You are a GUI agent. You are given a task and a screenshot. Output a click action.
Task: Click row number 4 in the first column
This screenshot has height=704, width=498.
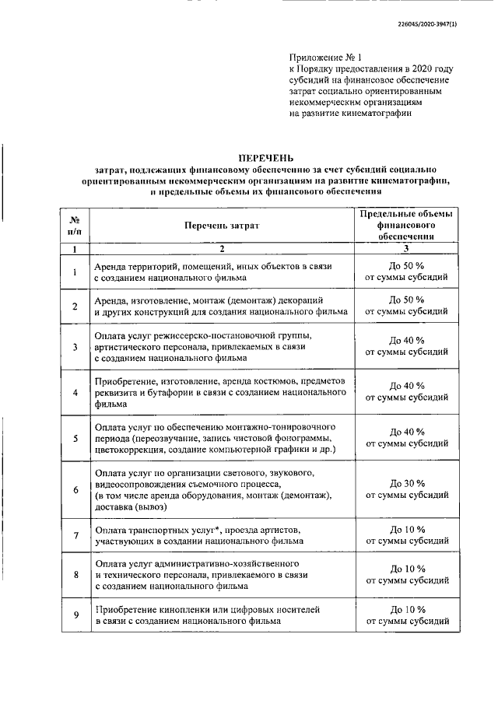pyautogui.click(x=75, y=393)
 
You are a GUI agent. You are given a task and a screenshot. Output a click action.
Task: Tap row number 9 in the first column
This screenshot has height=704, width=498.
pyautogui.click(x=75, y=615)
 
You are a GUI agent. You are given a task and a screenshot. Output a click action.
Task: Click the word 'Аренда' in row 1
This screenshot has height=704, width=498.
pyautogui.click(x=111, y=266)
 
